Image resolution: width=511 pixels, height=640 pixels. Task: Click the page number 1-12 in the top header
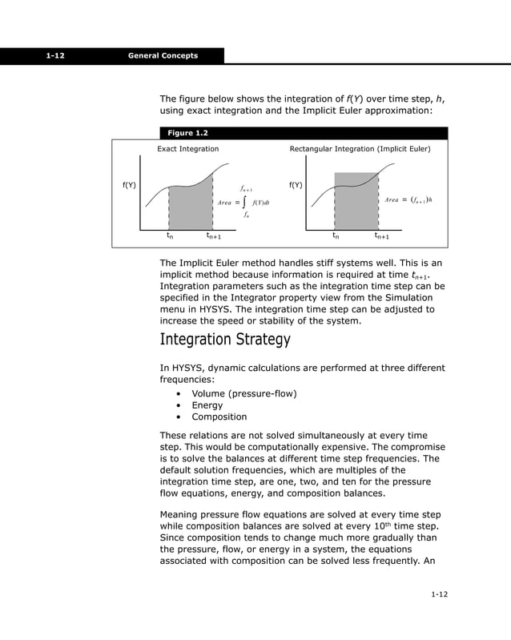point(55,55)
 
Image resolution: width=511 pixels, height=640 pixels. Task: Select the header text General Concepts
point(163,55)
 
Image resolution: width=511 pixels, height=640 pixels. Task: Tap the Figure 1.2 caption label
point(187,133)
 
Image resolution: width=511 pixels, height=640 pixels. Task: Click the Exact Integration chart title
point(187,149)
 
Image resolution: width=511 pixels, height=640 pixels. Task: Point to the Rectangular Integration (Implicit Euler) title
point(360,149)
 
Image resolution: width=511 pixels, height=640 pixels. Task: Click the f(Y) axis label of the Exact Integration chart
point(128,185)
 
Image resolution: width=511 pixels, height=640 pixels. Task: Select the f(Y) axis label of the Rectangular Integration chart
point(295,185)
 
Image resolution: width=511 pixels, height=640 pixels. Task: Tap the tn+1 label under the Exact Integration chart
point(214,236)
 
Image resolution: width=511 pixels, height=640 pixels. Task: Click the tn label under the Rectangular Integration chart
point(336,236)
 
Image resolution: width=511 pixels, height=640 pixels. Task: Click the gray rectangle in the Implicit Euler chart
point(356,202)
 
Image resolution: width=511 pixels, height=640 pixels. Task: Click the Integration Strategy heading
point(225,340)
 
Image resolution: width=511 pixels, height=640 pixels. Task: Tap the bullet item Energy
point(207,405)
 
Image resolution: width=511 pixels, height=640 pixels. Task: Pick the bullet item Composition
point(219,417)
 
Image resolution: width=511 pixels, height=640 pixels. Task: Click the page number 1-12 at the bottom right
point(437,594)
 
